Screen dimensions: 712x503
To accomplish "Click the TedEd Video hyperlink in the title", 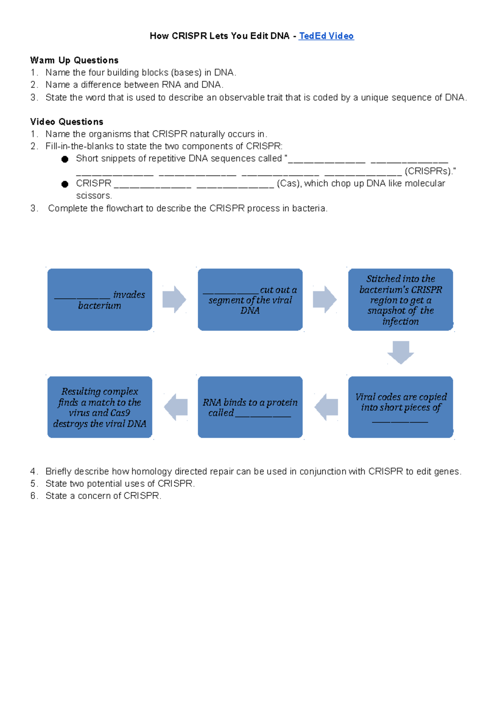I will pos(326,36).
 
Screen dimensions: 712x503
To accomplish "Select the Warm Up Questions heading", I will pos(74,60).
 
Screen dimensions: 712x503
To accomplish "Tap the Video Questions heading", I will pos(67,122).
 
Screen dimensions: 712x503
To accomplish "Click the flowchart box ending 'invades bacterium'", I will pos(100,300).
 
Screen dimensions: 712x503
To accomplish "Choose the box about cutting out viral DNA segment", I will pos(250,300).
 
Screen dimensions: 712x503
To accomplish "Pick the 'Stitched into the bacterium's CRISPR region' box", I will pos(400,300).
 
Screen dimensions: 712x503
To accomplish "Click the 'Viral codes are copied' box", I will pos(400,407).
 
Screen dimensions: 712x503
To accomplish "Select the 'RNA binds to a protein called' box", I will pos(250,407).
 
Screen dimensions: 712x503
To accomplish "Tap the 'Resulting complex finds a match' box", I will pos(100,407).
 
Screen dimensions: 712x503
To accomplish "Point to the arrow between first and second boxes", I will pos(174,299).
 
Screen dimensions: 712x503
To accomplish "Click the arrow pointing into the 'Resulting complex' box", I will pos(176,407).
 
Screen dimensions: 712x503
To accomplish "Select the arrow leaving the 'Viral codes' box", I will pos(327,407).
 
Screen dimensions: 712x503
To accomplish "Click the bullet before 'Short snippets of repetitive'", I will pos(65,159).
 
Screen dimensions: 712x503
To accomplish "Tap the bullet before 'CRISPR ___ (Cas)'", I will pos(65,184).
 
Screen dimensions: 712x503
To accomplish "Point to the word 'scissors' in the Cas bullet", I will pos(93,196).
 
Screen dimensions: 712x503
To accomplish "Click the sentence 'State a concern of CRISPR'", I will pos(103,496).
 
